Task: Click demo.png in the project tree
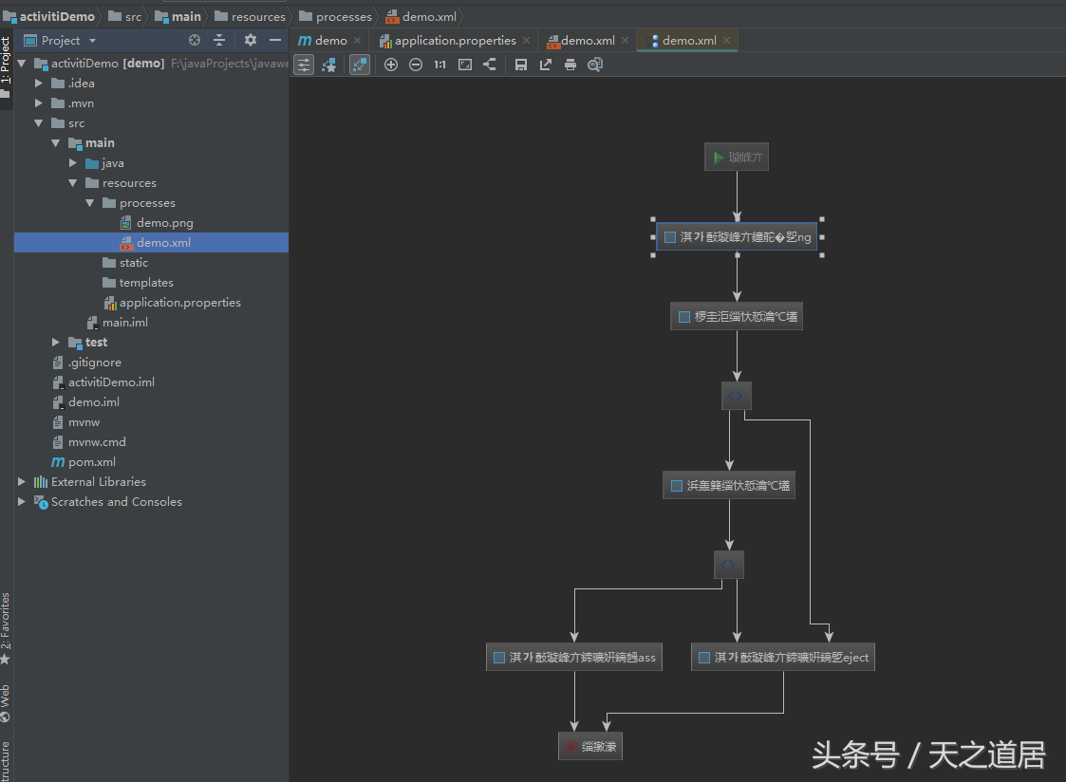164,223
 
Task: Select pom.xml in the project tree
91,462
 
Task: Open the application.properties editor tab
455,41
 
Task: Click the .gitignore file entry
94,363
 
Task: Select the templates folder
146,283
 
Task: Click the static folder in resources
134,263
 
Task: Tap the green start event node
736,158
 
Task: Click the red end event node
589,747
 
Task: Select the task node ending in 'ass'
574,657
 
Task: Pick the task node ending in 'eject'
782,657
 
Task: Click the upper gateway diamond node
737,396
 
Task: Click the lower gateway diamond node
728,565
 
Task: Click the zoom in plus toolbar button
391,65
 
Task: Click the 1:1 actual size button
439,65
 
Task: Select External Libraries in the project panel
98,482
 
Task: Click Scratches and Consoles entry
116,502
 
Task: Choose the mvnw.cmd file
97,442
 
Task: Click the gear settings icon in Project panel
251,40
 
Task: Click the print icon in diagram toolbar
570,65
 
